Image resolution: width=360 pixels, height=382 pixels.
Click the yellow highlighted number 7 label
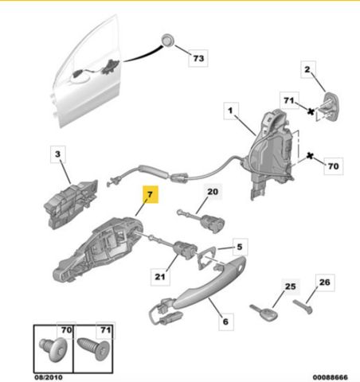point(151,194)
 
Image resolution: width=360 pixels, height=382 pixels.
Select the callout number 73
point(198,58)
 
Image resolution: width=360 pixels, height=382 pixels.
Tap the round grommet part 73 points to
point(167,40)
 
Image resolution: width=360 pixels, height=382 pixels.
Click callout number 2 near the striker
point(308,69)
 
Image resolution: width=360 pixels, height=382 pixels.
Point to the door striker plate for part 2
point(330,107)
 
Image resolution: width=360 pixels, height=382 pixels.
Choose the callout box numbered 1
point(231,111)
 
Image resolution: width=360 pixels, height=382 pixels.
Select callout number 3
point(58,154)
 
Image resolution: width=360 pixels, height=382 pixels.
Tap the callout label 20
point(213,192)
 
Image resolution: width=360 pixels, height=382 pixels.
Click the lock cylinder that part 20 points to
point(209,220)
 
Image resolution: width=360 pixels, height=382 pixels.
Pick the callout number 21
point(160,277)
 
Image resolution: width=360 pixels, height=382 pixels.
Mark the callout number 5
point(240,247)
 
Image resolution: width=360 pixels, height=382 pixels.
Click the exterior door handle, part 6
point(202,288)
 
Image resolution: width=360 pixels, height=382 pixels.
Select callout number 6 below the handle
point(226,322)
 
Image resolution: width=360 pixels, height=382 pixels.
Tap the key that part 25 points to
point(264,313)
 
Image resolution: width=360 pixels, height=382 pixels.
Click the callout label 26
point(325,283)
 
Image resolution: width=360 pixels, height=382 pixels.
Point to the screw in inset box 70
point(53,350)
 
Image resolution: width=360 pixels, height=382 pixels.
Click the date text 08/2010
point(49,377)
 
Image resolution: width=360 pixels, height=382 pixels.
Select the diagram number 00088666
point(331,377)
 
